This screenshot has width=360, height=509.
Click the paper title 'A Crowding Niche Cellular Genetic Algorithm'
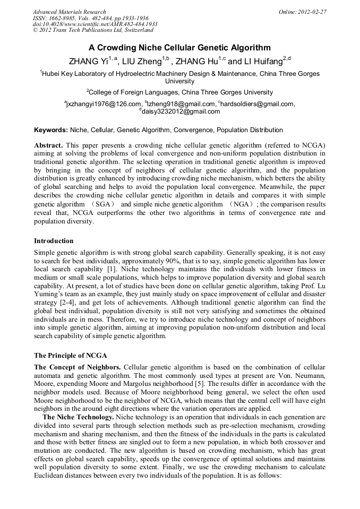(180, 48)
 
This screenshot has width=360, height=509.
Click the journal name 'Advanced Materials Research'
(69, 12)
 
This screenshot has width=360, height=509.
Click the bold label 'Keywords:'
(50, 130)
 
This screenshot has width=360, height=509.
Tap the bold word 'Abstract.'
(48, 145)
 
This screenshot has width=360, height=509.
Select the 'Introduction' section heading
(54, 241)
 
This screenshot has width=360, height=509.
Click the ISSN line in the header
(90, 18)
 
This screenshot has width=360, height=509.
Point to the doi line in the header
(95, 24)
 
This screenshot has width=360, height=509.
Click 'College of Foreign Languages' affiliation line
(180, 92)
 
